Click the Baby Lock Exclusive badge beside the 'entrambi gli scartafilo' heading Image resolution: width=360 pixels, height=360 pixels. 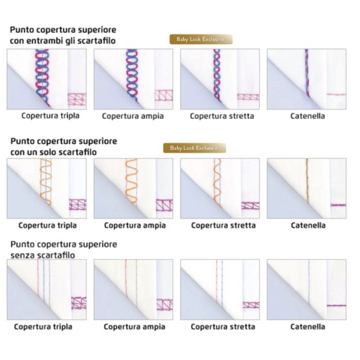point(201,39)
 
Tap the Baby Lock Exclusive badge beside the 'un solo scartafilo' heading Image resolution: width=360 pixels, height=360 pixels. point(194,148)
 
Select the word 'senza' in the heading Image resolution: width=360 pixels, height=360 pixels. point(22,256)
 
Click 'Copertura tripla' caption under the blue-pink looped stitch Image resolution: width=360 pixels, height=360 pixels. point(50,116)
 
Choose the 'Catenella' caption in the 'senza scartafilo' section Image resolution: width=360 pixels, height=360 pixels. point(308,327)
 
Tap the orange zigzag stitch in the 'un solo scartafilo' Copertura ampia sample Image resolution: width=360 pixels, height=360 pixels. point(131,181)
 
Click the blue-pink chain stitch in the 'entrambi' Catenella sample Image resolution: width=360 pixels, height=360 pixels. point(307,73)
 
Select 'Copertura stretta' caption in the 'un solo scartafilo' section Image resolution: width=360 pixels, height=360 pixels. point(223,225)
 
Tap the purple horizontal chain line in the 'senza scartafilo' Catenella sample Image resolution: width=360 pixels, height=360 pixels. point(336,305)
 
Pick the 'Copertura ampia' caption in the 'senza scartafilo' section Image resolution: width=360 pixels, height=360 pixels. point(134,327)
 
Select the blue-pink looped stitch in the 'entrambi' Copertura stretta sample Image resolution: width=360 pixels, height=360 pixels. point(217,75)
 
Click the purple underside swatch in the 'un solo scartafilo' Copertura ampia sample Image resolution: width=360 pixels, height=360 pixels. point(165,205)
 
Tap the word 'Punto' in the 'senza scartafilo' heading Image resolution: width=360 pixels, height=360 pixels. point(22,244)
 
